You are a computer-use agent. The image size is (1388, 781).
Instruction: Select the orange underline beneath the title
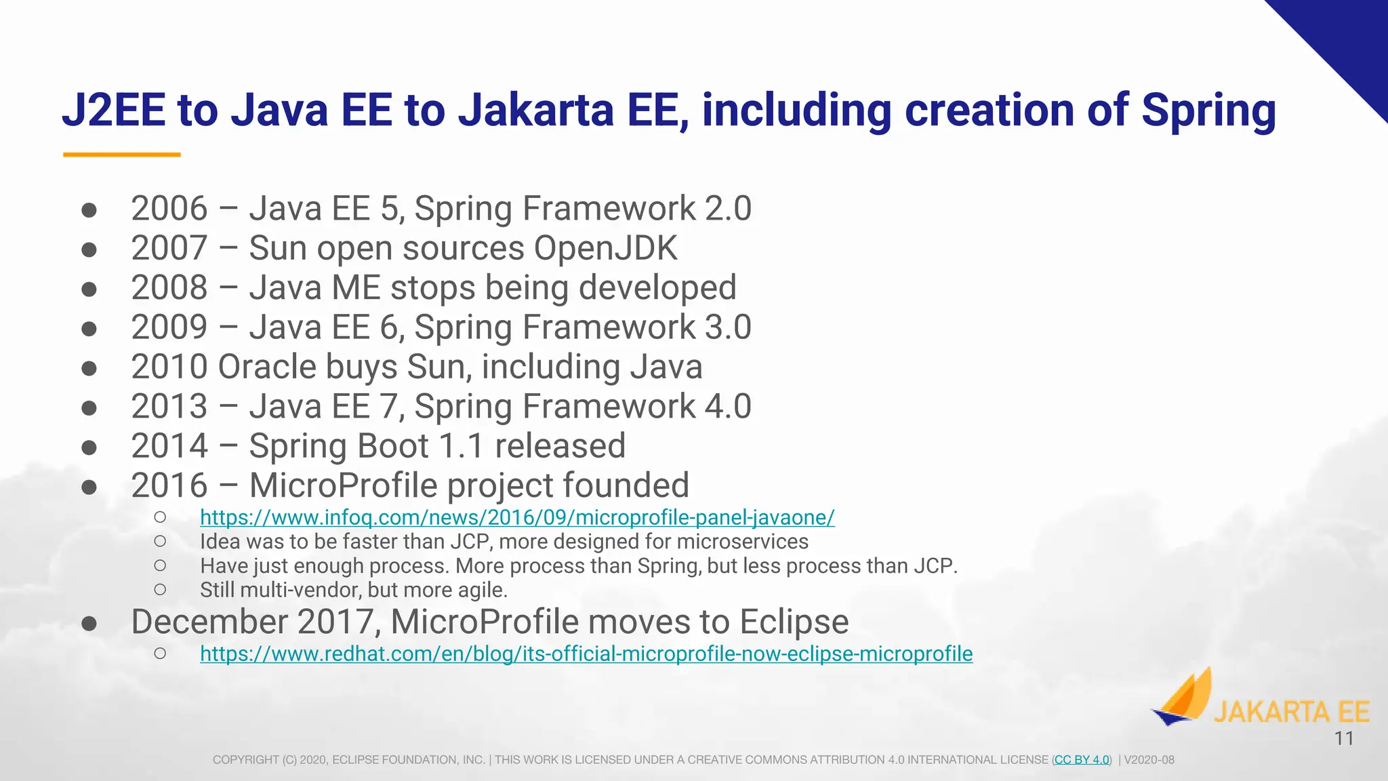pos(122,155)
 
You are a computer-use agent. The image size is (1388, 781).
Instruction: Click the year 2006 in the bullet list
pos(169,208)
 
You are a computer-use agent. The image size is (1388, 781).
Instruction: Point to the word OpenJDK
pos(605,248)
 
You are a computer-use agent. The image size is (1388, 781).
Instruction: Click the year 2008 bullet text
pos(169,287)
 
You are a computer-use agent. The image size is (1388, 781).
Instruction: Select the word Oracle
pos(267,367)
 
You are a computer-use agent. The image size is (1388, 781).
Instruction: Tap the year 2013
pos(169,406)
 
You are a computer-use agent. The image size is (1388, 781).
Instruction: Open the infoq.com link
pos(517,517)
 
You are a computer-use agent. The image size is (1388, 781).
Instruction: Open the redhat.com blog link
pos(586,654)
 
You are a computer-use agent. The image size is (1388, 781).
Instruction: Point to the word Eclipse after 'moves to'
pos(794,622)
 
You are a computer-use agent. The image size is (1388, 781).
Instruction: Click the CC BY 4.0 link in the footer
pos(1082,760)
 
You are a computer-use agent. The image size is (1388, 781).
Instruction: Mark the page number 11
pos(1344,739)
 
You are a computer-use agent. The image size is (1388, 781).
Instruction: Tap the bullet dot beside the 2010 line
pos(89,368)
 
